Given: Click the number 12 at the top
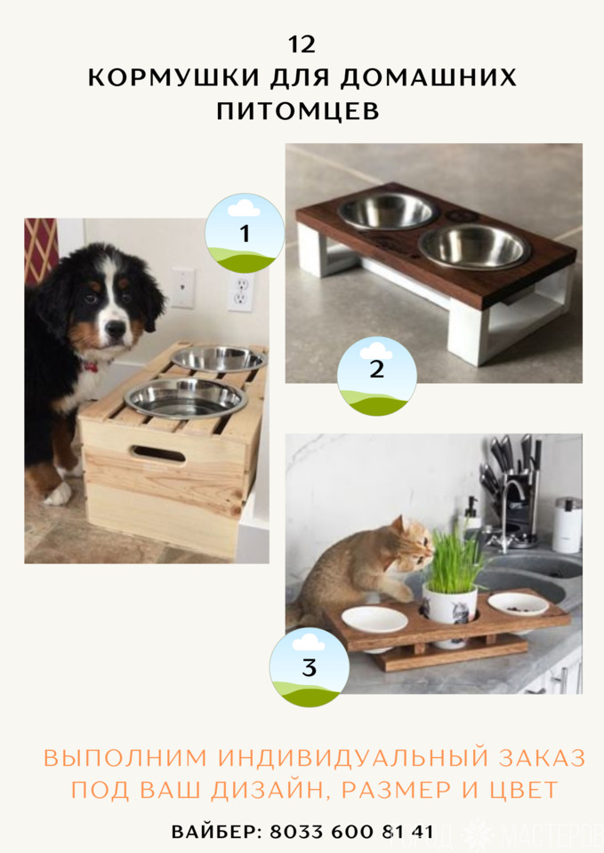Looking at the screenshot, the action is pos(302,44).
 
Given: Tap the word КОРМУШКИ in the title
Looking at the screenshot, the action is pos(174,78).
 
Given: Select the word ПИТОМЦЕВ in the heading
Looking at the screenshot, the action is pos(298,111).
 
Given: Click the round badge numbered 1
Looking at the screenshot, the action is pos(245,233).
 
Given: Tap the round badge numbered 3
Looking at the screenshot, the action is pos(310,667).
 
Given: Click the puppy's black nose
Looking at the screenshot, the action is pos(115,328).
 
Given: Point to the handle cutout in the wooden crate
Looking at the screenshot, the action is pos(158,454).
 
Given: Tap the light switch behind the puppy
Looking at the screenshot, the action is pos(183,288).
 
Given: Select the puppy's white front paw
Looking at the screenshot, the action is pos(58,494).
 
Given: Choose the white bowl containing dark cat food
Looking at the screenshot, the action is pos(518,604).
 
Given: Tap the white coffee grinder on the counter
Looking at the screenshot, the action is pos(568,525).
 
